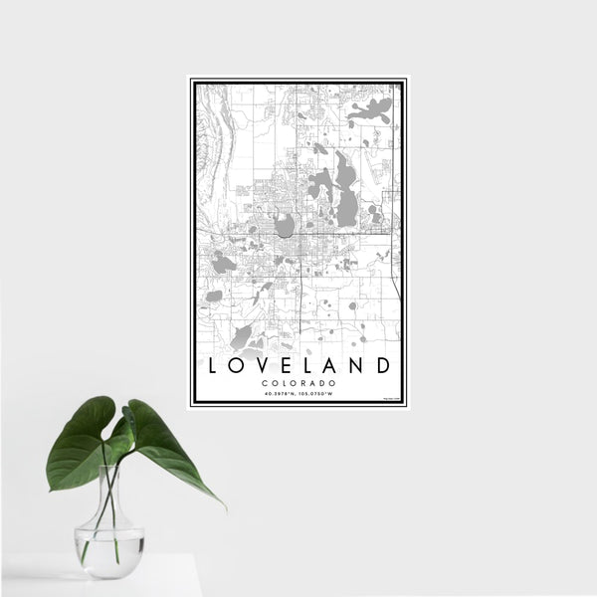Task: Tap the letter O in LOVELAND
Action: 239,366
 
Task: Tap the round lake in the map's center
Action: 286,226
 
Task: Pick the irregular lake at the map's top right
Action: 370,110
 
